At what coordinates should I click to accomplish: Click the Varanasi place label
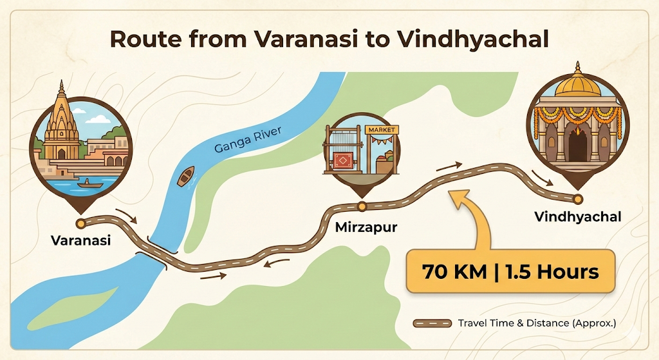click(x=81, y=241)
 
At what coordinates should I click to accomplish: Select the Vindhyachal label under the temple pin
click(x=577, y=217)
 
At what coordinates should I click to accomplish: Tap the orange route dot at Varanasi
click(x=81, y=223)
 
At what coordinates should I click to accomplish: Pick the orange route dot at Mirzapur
click(x=362, y=207)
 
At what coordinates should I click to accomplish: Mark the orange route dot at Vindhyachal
click(x=578, y=198)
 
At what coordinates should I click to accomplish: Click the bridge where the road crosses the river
click(x=158, y=251)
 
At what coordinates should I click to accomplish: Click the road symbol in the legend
click(x=432, y=323)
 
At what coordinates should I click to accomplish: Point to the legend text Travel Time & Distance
click(x=537, y=323)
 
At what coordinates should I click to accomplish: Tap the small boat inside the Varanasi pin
click(x=89, y=184)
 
